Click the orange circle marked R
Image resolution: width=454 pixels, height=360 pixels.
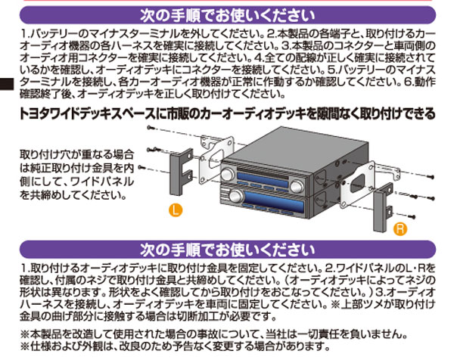click(401, 227)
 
